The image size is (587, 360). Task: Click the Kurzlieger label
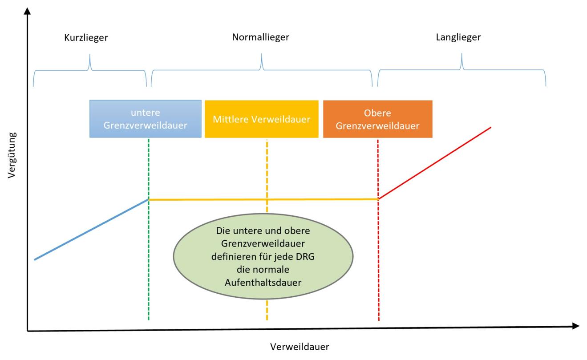click(x=86, y=38)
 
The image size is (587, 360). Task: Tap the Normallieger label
click(x=260, y=37)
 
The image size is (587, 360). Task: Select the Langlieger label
click(x=458, y=37)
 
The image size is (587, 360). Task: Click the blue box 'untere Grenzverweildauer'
click(x=145, y=118)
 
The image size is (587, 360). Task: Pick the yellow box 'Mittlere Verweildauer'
click(x=261, y=119)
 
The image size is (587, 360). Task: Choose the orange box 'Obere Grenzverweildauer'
click(x=377, y=119)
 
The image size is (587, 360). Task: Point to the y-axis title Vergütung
click(x=12, y=155)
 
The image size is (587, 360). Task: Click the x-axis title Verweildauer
click(x=300, y=347)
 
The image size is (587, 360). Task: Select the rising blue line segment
click(x=91, y=230)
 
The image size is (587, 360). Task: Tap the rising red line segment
click(x=435, y=163)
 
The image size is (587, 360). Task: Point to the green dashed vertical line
click(x=148, y=267)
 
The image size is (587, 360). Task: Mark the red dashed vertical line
click(x=378, y=267)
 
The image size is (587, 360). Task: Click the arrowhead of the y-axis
click(x=28, y=11)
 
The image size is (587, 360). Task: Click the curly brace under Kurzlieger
click(x=90, y=69)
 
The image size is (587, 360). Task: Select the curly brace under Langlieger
click(x=462, y=69)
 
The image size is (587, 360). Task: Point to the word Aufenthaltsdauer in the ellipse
click(x=263, y=282)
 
